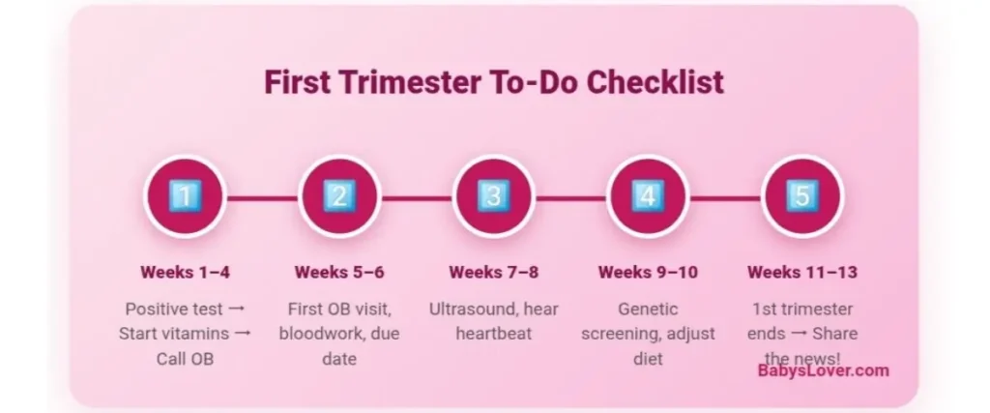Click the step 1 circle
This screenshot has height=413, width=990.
[x=185, y=196]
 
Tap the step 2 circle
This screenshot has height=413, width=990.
[x=339, y=196]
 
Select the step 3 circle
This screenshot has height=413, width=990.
[x=493, y=196]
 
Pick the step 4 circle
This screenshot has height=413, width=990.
[x=647, y=196]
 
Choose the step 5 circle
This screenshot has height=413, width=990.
[x=801, y=196]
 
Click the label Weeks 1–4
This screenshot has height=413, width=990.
[x=185, y=272]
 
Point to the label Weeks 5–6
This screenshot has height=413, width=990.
[x=339, y=272]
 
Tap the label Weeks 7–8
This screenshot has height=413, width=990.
[x=493, y=272]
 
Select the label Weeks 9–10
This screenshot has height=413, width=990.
[x=647, y=272]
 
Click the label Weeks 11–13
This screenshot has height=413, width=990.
[x=801, y=272]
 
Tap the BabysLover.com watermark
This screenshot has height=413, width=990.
[x=823, y=370]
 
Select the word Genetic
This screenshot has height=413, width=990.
[x=647, y=310]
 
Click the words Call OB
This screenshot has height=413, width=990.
[x=185, y=359]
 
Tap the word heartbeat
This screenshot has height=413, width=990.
[x=493, y=334]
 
